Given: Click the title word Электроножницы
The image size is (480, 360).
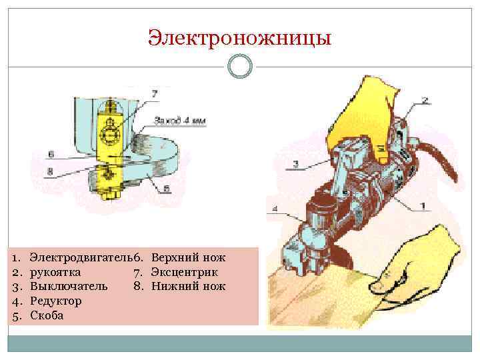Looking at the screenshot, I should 239,37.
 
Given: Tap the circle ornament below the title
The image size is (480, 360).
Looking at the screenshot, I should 239,67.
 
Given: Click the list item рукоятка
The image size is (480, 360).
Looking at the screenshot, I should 56,272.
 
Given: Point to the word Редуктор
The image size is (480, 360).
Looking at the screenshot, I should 56,301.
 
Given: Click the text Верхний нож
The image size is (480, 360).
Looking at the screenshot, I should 189,257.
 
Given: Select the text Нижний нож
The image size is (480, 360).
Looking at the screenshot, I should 188,287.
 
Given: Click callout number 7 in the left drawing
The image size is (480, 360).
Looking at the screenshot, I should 155,95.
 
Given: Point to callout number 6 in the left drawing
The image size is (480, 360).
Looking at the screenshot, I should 51,154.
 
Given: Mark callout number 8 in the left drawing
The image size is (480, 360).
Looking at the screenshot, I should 51,171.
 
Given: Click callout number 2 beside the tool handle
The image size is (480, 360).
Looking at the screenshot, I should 425,101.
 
